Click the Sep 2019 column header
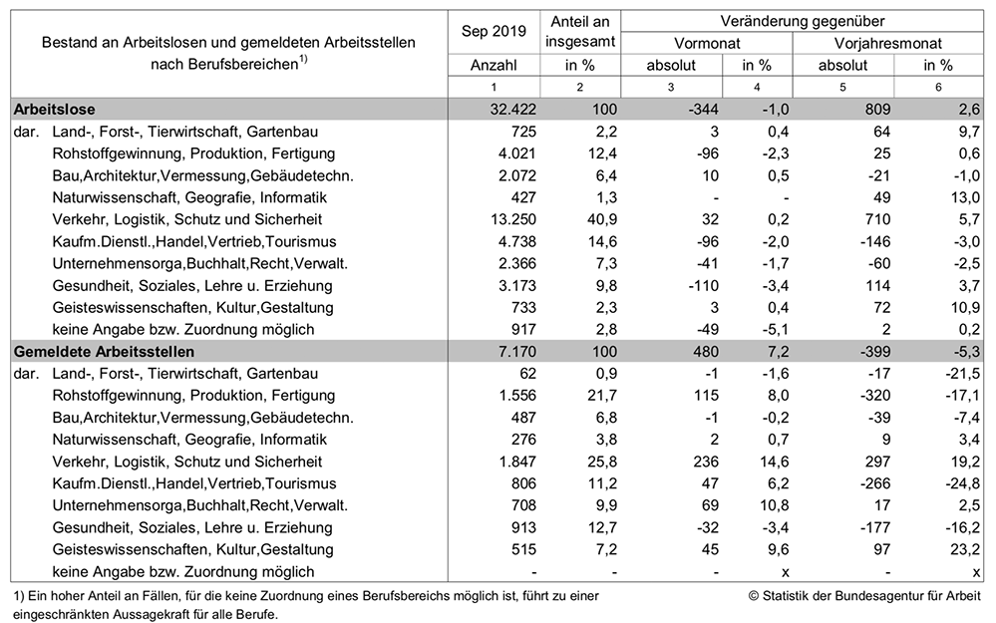click(494, 31)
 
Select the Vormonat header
click(706, 43)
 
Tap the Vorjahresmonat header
click(887, 43)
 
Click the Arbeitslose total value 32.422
click(513, 110)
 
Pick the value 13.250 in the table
click(513, 219)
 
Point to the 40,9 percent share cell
click(601, 219)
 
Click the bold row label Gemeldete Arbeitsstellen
click(104, 351)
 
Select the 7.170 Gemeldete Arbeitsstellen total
click(517, 351)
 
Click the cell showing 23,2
click(964, 549)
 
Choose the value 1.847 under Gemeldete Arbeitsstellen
click(517, 462)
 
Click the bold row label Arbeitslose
click(55, 110)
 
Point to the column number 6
click(938, 87)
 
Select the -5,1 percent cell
click(775, 329)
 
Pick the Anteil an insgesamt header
click(580, 31)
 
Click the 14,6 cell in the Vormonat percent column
click(774, 462)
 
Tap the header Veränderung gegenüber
click(803, 21)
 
